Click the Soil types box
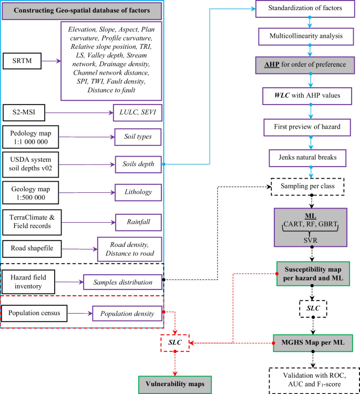pos(137,137)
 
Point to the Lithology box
pos(137,193)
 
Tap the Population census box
pos(34,314)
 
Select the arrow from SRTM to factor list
pos(51,61)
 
